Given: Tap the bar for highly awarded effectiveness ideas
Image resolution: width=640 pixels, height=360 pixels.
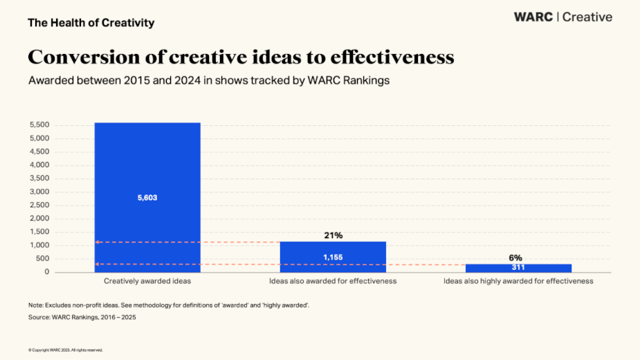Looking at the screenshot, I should point(518,268).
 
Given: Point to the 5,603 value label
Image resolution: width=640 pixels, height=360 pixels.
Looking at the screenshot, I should point(147,198).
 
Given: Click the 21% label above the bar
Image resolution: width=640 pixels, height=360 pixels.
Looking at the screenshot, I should point(333,235).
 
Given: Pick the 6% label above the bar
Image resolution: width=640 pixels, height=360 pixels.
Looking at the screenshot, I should point(516,258).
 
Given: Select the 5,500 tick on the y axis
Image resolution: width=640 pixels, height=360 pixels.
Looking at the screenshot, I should point(39,125).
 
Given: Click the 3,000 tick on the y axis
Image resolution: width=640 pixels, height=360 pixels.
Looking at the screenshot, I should point(39,192).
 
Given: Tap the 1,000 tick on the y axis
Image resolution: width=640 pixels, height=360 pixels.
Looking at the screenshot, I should point(39,245).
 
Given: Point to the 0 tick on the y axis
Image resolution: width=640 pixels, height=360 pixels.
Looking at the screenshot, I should point(47,272).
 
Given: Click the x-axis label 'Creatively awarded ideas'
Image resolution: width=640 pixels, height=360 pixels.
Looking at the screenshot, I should point(147,281).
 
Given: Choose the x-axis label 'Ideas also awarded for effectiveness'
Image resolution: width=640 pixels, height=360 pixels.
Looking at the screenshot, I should point(333,281).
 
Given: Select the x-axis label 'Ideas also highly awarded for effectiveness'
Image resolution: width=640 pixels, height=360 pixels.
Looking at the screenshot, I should point(518,281).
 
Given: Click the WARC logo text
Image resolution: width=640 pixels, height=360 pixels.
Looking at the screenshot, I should point(533,17).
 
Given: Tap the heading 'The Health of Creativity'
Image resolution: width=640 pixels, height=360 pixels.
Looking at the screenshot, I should point(91,23).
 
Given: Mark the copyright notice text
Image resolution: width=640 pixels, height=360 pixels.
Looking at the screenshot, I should point(65,350).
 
